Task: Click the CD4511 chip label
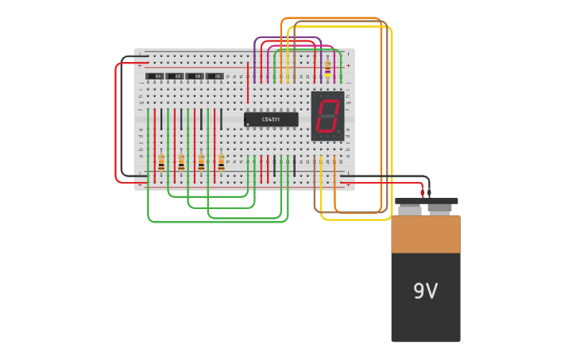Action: pos(271,119)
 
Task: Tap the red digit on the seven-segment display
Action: pos(327,116)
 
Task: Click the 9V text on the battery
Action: pos(425,292)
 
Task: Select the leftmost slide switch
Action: pos(155,76)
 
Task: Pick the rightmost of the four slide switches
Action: pos(215,76)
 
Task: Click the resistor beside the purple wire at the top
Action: pos(327,69)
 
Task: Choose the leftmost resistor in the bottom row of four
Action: pos(161,162)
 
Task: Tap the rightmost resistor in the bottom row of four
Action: pos(221,162)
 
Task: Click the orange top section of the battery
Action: pos(425,234)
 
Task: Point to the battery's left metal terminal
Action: pos(410,210)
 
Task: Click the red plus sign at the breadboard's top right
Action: pos(348,65)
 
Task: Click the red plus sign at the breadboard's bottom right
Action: pos(348,184)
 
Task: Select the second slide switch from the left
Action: pos(175,76)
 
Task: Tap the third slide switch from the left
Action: pos(195,76)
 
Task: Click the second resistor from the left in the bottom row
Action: pos(181,162)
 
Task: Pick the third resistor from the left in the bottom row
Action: pos(201,162)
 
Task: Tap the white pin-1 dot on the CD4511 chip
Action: pos(248,124)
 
